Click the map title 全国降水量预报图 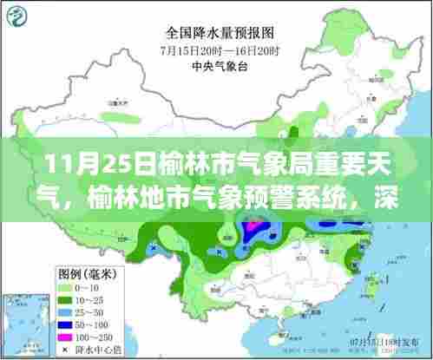tap(216, 34)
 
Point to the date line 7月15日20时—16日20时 tap(216, 49)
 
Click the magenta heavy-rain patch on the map tap(253, 227)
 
